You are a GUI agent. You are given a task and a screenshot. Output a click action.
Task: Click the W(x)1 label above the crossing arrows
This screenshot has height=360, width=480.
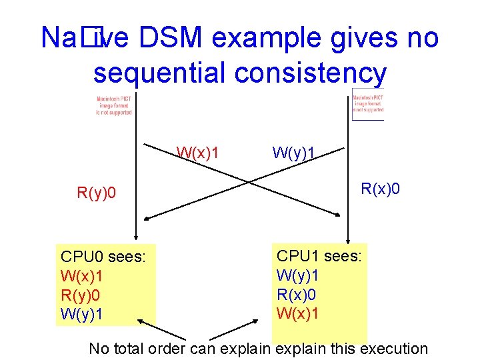(198, 153)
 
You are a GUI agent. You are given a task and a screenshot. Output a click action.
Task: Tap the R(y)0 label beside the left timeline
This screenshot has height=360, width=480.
(97, 194)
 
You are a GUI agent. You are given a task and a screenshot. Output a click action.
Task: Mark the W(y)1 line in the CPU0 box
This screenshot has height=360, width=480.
(82, 313)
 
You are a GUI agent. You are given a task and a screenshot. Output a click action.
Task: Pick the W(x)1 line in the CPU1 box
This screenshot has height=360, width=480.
(298, 312)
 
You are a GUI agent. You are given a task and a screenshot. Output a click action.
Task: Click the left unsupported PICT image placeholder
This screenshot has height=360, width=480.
(114, 105)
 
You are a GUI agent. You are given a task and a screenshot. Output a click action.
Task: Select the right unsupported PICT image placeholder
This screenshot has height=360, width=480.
(368, 105)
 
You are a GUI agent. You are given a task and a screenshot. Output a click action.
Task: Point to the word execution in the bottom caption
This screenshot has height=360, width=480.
(393, 348)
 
